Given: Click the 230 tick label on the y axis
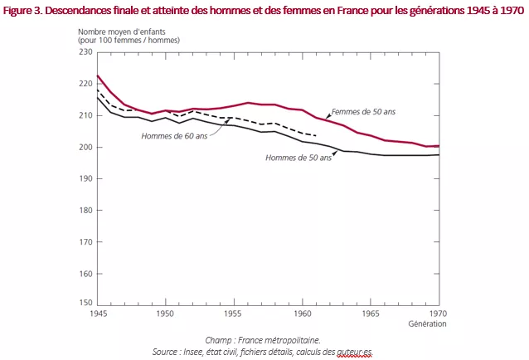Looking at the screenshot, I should tap(85, 52).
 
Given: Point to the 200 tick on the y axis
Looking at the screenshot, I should tap(85, 147).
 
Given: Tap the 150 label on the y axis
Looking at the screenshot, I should tap(85, 304).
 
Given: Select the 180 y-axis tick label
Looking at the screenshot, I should tap(85, 210).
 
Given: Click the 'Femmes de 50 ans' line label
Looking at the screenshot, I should tap(364, 112).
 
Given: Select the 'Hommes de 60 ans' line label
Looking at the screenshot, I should tap(175, 137).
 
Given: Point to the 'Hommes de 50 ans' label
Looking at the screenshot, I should tap(298, 158).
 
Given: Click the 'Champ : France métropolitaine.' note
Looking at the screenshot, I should tap(263, 340).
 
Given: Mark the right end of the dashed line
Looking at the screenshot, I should tap(316, 135).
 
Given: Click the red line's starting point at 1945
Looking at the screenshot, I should tap(98, 75).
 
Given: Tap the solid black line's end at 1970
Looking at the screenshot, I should tap(438, 154).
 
